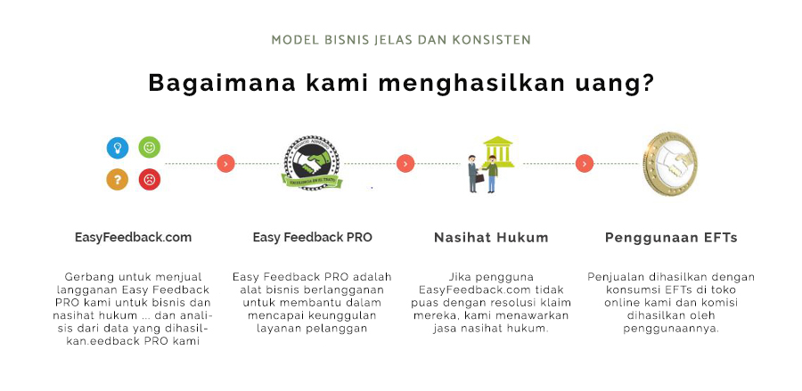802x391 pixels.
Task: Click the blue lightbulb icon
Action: [x=117, y=148]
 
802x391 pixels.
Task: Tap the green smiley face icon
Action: [x=150, y=147]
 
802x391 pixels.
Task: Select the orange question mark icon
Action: [x=117, y=179]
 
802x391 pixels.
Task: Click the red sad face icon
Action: [x=150, y=179]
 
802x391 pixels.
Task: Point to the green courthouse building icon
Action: [x=497, y=151]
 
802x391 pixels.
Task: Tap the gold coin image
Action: [x=670, y=164]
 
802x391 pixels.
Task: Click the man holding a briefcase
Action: [x=474, y=174]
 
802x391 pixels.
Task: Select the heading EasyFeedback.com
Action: [x=133, y=237]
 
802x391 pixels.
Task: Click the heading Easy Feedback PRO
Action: [x=313, y=237]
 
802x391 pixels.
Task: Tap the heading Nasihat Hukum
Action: [x=491, y=237]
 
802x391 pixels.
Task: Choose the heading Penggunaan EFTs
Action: [x=671, y=238]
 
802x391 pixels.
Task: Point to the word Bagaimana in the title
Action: [x=222, y=83]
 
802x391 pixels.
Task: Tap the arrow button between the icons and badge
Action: [x=225, y=164]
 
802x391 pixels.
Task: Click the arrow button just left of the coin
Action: [x=584, y=164]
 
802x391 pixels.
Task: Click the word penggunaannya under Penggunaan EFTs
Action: [x=671, y=330]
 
